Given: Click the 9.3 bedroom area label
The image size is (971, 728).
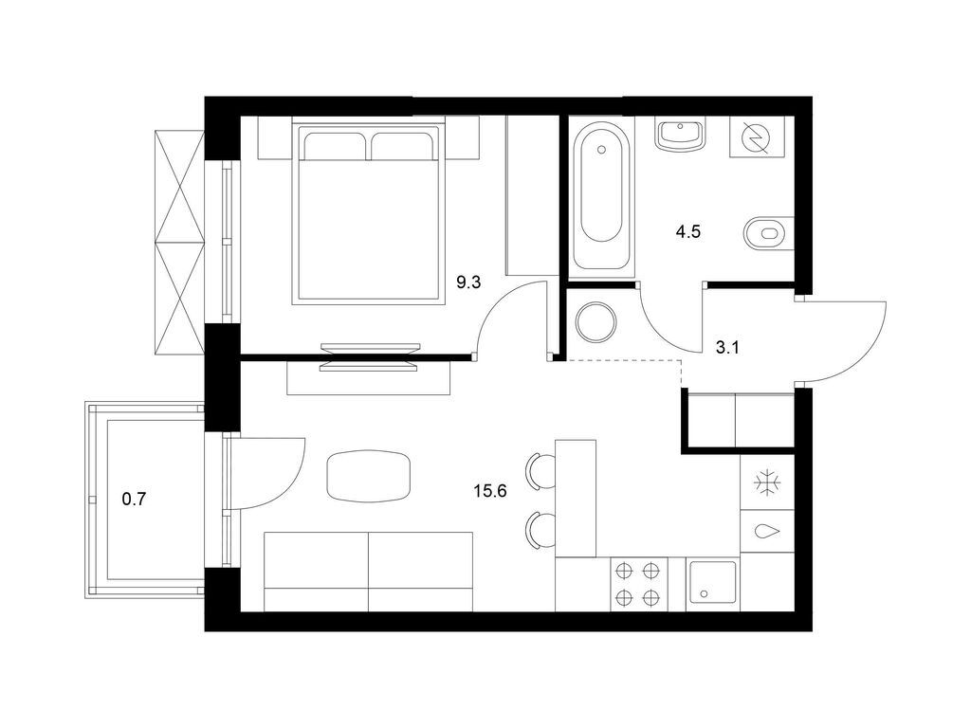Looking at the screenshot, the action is pos(468,282).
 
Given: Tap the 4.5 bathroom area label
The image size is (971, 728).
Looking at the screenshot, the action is pos(688,232).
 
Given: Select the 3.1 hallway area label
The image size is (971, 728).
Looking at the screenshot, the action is pos(727,348).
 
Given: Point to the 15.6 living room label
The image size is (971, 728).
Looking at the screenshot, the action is pos(490,492).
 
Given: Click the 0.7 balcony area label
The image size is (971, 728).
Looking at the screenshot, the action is pos(134,499).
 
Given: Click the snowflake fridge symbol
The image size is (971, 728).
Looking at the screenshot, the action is pos(768,482).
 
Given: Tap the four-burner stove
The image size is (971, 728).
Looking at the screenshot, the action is pos(638,584).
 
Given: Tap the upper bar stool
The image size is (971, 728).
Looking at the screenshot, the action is pos(540,472).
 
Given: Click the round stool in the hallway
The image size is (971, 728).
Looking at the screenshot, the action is pos(595,322).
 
